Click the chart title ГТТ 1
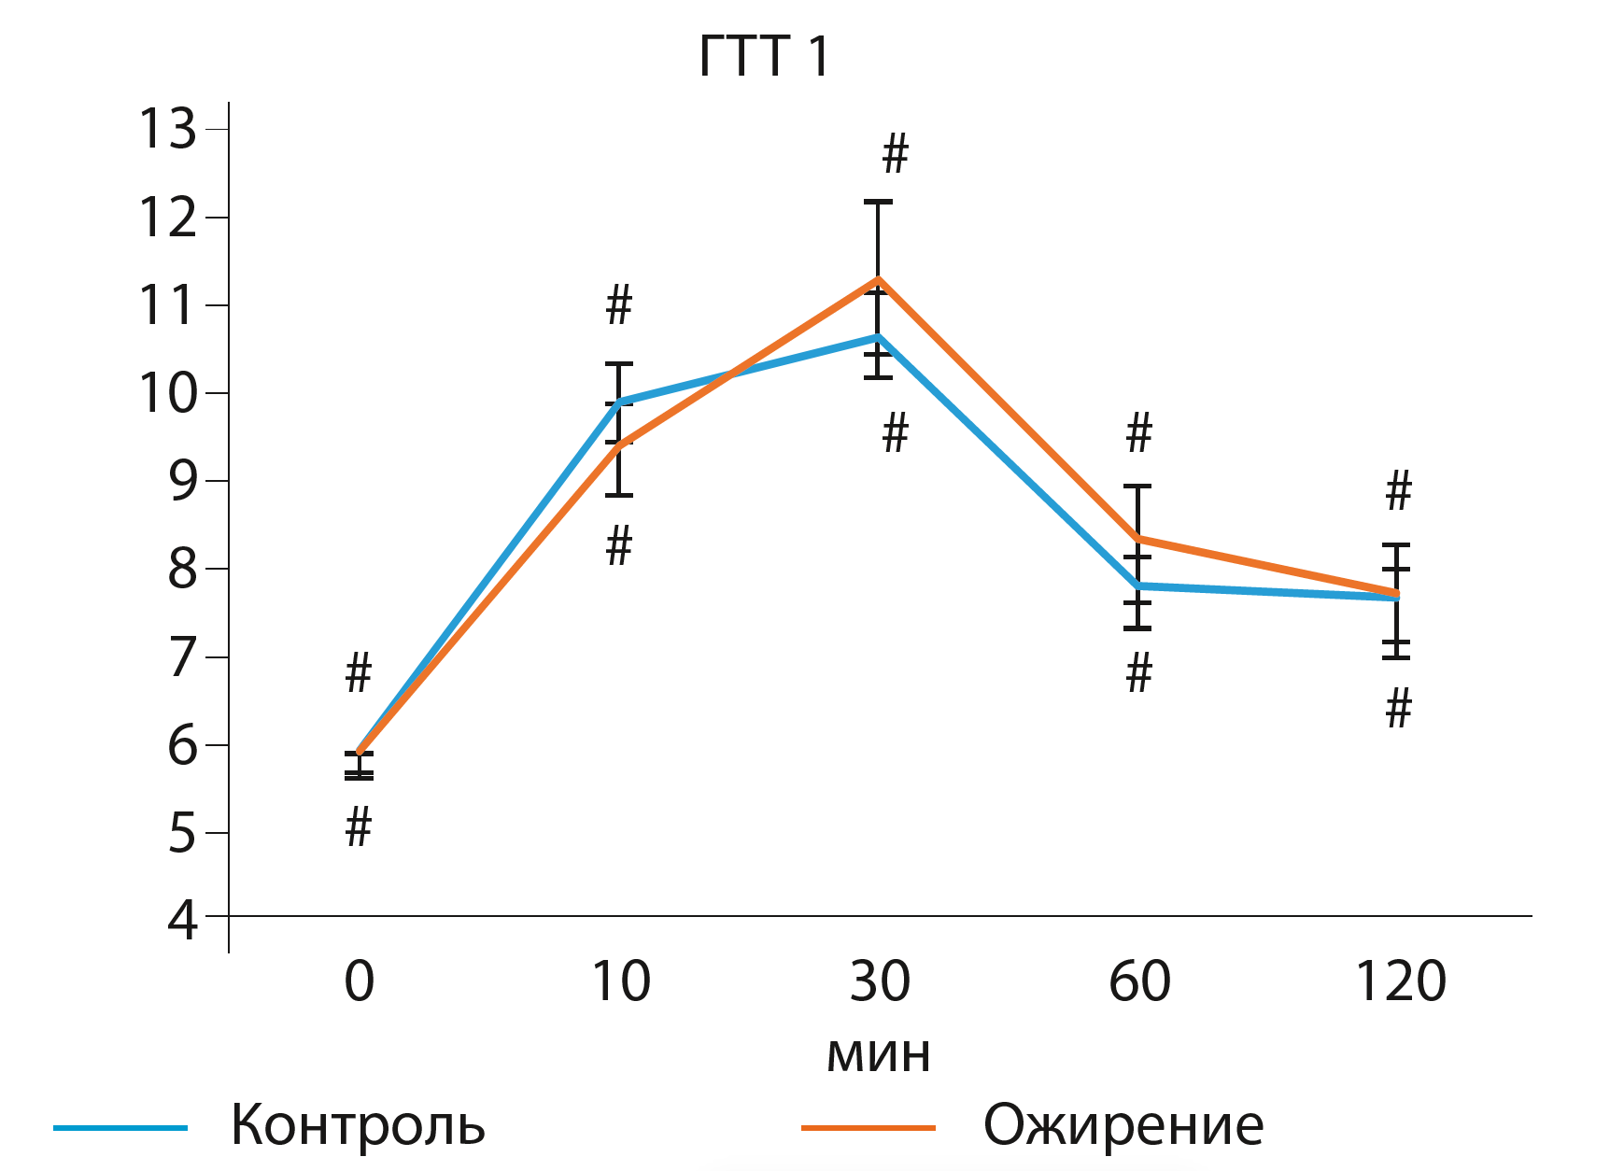(764, 57)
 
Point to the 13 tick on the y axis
(168, 129)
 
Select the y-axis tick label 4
(183, 920)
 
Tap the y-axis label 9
(183, 481)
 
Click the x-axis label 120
(1400, 981)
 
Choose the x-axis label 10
(621, 981)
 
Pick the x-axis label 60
(1139, 981)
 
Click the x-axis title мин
(879, 1053)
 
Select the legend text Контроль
(358, 1124)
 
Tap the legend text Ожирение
(1123, 1124)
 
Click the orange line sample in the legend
(869, 1128)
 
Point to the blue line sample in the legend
(120, 1128)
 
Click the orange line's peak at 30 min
(878, 278)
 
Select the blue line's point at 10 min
(620, 402)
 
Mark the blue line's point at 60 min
(1137, 585)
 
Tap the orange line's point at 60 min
(1137, 539)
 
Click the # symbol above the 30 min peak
(895, 154)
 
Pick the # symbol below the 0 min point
(359, 827)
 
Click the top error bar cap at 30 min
(878, 202)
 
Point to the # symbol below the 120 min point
(1398, 709)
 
